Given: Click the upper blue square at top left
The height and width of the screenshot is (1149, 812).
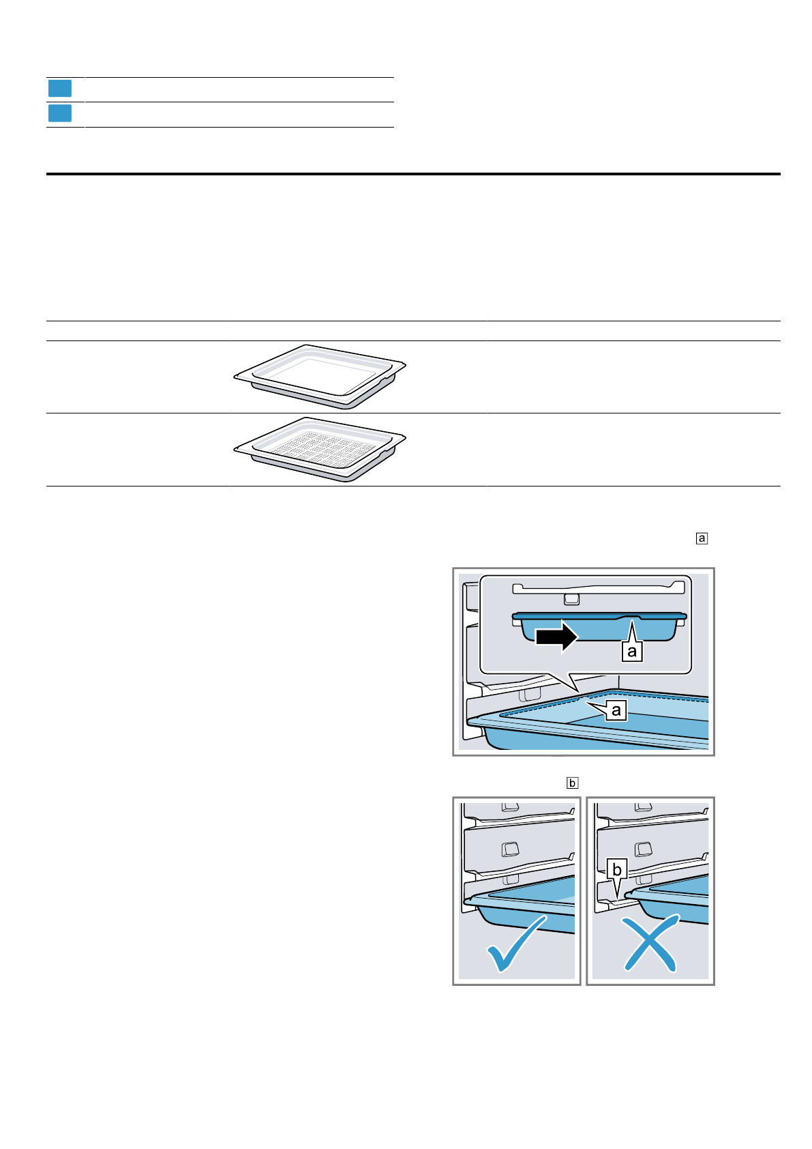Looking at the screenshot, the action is click(60, 89).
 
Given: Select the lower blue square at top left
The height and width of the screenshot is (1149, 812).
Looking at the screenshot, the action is click(60, 113).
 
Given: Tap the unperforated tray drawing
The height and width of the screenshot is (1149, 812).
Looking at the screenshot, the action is click(319, 376).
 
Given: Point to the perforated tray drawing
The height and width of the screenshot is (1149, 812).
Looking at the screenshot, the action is click(319, 449).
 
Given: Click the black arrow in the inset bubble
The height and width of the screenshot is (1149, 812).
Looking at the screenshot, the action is click(556, 636).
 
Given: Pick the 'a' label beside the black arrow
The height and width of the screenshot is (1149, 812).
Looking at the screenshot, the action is click(632, 651).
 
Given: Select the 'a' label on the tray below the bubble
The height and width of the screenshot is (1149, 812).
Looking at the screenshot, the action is click(616, 710).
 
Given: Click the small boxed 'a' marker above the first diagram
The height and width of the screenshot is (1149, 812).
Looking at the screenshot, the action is click(702, 538).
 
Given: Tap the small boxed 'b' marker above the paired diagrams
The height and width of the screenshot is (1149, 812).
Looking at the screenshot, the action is click(572, 783).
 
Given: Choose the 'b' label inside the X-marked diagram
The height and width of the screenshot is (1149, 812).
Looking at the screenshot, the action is click(617, 870).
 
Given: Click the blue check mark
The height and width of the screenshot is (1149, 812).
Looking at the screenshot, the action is click(517, 942).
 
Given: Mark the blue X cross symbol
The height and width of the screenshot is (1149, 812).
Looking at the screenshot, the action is click(651, 943).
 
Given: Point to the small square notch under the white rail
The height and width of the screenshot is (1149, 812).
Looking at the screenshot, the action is click(572, 598).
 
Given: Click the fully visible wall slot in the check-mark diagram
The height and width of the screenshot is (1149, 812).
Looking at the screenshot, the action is click(510, 848).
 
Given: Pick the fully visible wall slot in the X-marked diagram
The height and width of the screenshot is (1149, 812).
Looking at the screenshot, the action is click(643, 849).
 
